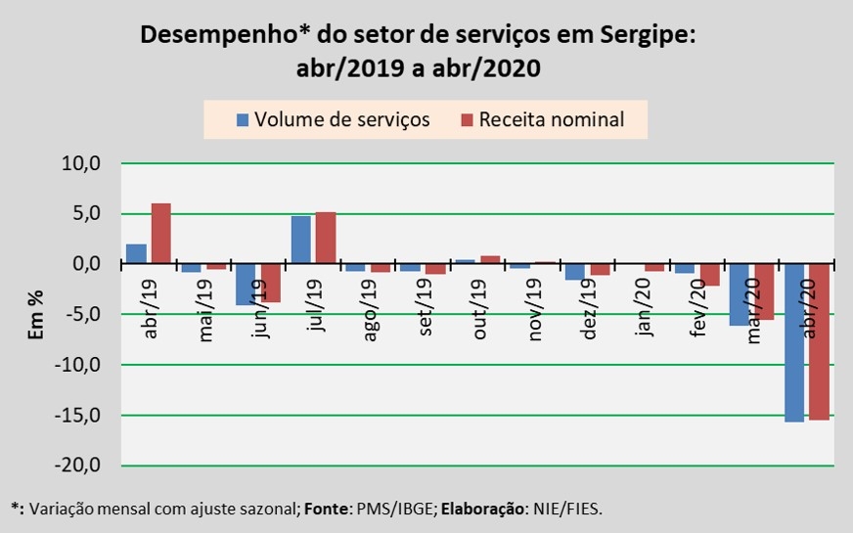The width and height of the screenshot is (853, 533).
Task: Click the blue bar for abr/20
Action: [793, 342]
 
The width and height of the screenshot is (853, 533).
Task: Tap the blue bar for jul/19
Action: [301, 240]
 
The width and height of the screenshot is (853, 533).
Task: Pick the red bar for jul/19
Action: [326, 238]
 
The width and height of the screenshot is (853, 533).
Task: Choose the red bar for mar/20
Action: [764, 291]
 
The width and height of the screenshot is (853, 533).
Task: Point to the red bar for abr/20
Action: [819, 341]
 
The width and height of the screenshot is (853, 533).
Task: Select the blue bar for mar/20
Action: [740, 294]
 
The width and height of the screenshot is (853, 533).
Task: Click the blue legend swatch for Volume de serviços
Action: [244, 120]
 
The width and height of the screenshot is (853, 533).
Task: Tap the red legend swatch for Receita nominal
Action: [467, 120]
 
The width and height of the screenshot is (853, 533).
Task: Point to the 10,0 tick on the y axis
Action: [81, 163]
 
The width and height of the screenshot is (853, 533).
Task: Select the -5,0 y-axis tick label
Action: [81, 314]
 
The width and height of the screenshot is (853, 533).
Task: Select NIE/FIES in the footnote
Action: [572, 510]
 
